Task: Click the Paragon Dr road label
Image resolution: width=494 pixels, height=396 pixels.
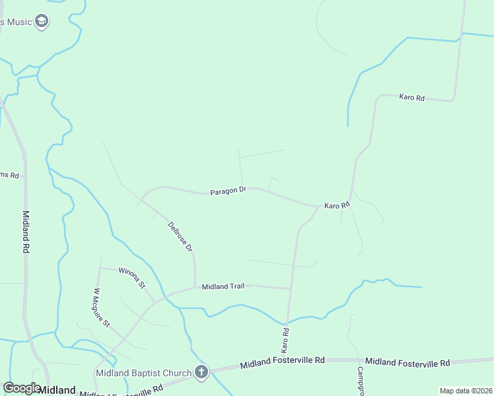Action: (228, 192)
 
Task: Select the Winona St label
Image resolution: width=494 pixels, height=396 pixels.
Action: (132, 277)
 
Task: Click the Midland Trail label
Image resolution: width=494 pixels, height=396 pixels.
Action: (223, 286)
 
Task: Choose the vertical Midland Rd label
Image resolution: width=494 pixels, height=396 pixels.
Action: (26, 232)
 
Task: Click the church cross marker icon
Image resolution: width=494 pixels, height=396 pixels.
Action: (201, 372)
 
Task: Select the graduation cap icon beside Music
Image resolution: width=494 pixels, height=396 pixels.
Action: (42, 22)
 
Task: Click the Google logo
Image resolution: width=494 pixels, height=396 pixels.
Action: (22, 388)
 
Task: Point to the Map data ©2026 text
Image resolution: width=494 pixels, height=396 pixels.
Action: (466, 391)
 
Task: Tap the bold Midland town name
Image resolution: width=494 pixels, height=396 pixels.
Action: (56, 390)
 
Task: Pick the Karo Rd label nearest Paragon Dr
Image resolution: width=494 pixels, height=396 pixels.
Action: (336, 206)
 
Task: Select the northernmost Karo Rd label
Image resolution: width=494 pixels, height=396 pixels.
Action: (411, 98)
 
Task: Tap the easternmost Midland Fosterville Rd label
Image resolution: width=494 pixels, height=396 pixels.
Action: (407, 362)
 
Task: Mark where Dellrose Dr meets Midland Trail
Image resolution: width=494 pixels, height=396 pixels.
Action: (195, 286)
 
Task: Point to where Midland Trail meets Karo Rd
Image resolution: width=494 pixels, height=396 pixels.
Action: (291, 288)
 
